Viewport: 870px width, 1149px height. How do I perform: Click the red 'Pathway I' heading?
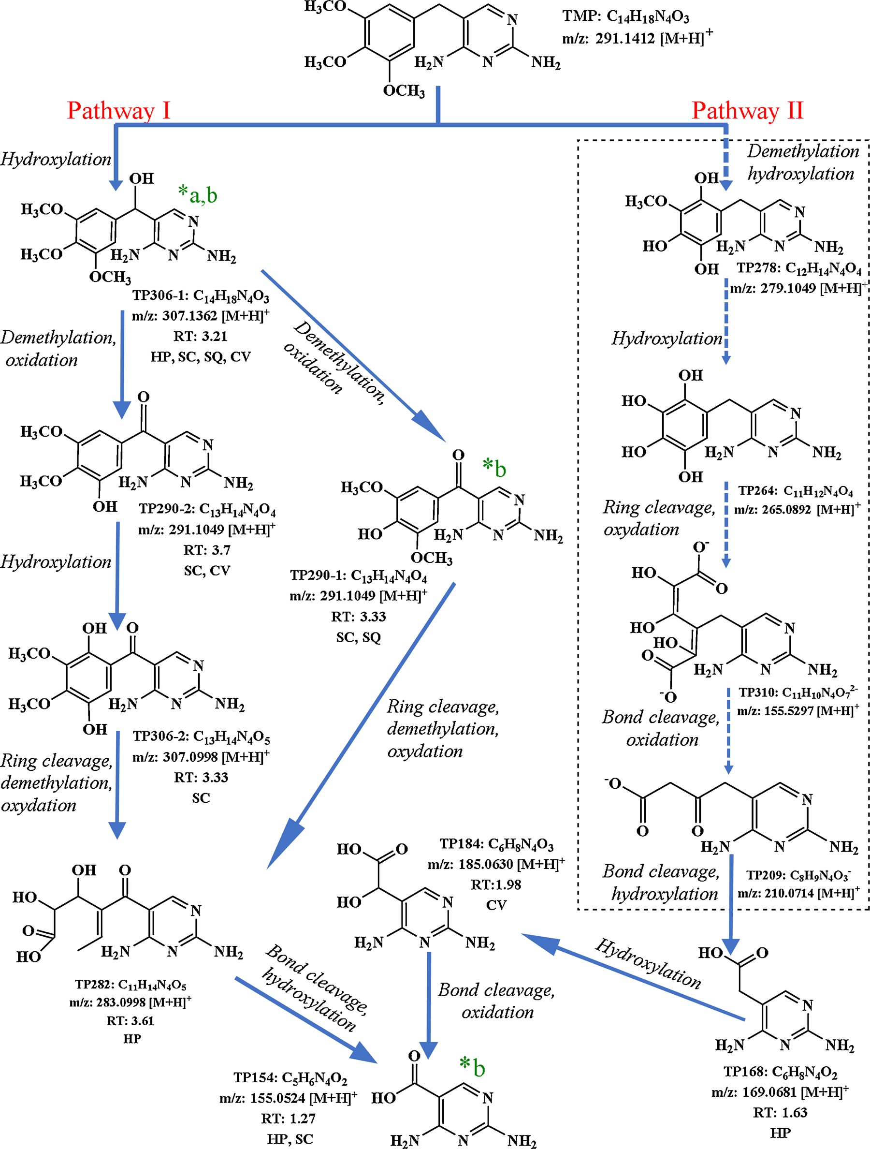pyautogui.click(x=118, y=111)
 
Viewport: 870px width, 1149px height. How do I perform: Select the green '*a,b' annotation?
pyautogui.click(x=197, y=195)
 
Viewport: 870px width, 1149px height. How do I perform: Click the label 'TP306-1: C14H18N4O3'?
pyautogui.click(x=201, y=295)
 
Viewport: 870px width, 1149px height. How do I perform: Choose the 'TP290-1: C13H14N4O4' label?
pyautogui.click(x=358, y=575)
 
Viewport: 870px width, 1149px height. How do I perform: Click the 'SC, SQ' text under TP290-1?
pyautogui.click(x=358, y=637)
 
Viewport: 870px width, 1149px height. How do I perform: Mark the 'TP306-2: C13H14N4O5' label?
pyautogui.click(x=201, y=736)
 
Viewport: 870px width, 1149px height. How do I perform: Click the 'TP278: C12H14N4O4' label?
pyautogui.click(x=799, y=268)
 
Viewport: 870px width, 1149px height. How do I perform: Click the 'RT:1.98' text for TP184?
pyautogui.click(x=496, y=884)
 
